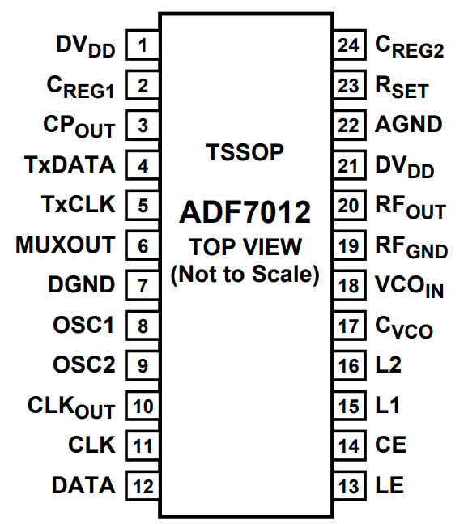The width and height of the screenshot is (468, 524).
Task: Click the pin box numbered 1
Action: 143,45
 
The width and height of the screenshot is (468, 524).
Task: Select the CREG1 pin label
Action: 80,87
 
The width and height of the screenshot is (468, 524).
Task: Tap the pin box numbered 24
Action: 349,45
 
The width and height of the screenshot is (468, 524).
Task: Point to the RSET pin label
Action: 402,87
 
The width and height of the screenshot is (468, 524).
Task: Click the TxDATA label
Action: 70,164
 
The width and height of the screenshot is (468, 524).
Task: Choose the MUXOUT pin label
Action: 65,245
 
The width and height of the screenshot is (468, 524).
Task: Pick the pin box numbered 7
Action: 143,285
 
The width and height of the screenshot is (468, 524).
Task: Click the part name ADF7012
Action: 245,212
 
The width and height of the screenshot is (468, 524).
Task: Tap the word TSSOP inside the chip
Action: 245,152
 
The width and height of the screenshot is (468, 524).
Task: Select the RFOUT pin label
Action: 411,207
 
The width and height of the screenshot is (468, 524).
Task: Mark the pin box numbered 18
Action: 349,285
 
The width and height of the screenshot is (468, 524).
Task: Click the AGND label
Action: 409,124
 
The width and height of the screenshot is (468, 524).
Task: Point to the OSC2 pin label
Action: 84,364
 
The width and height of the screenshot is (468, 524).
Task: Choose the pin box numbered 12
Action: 143,486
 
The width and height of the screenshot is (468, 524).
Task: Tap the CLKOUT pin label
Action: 71,407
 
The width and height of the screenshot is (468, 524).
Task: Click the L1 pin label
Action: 388,405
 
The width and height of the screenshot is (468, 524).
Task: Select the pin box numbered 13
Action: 349,486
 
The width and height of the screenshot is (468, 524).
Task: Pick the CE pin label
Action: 390,445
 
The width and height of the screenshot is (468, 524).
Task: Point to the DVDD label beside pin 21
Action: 405,167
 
